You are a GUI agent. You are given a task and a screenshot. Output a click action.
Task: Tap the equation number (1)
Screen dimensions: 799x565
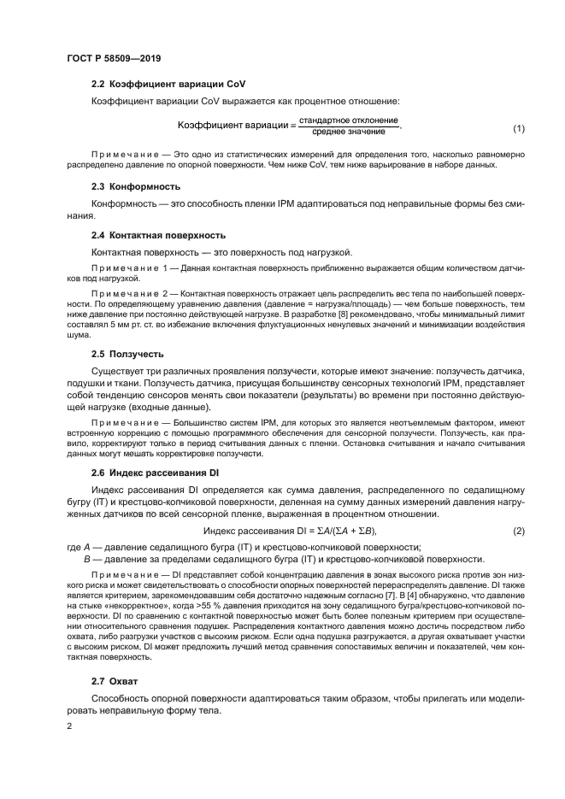518,129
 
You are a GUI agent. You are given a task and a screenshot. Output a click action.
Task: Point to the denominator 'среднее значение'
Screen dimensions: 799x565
349,133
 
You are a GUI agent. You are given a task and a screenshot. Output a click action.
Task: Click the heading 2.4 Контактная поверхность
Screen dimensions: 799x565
158,235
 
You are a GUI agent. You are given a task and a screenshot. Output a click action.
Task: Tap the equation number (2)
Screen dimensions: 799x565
518,532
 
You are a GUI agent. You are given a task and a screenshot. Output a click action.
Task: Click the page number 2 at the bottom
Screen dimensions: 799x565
69,726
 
